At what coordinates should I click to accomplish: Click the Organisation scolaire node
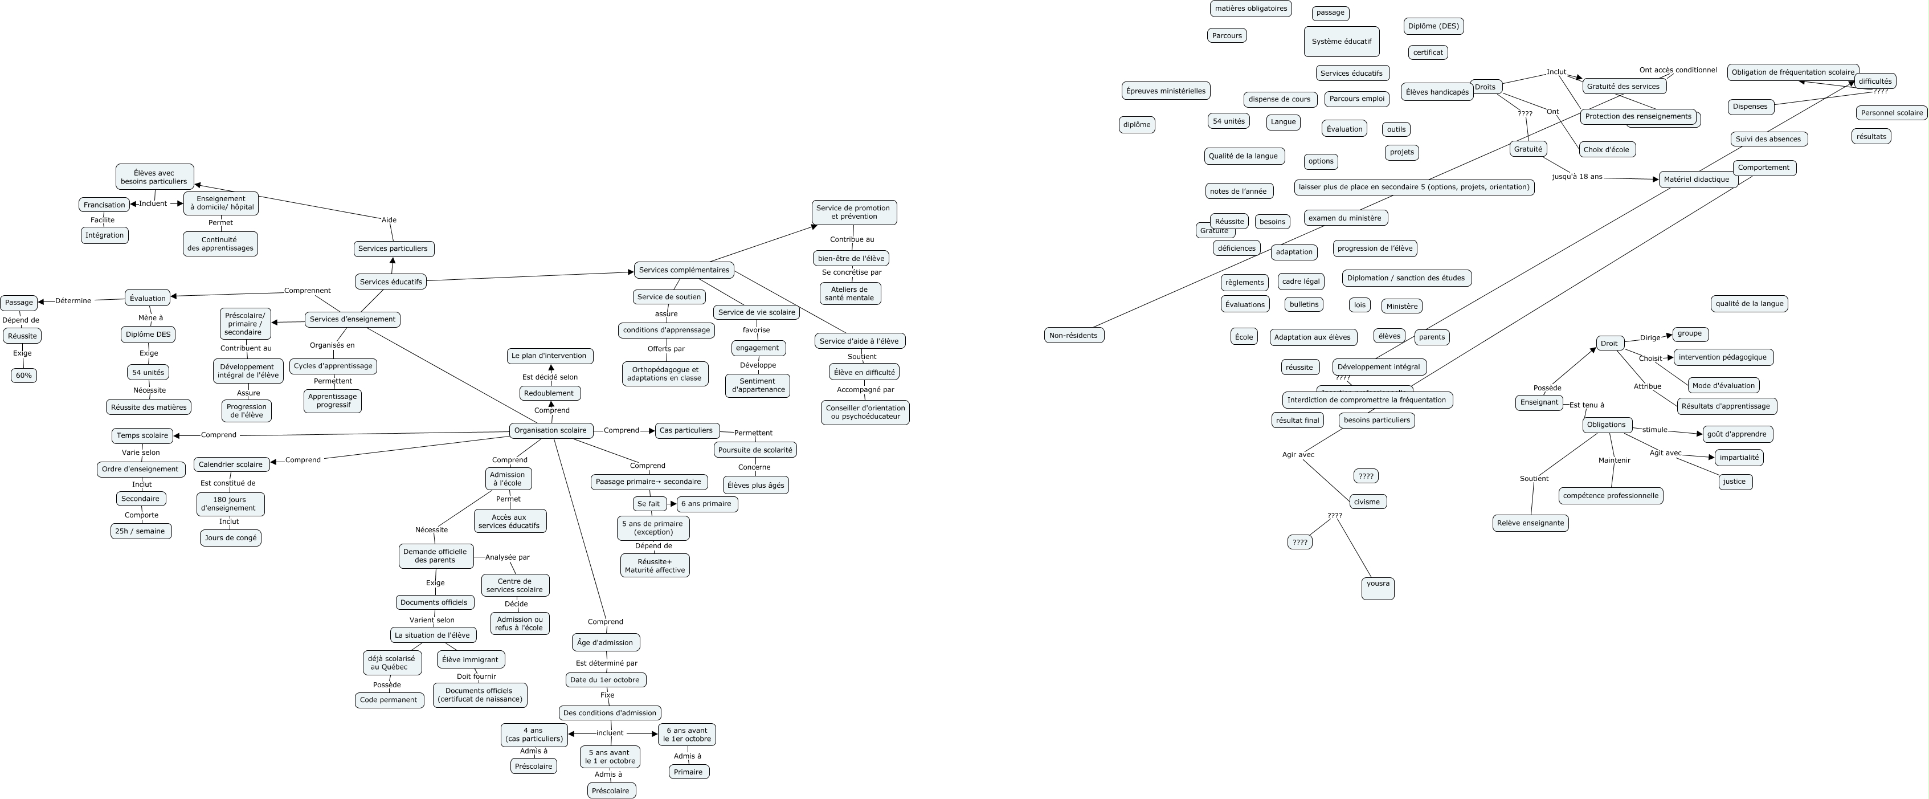tap(550, 431)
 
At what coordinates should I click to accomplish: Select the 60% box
tap(24, 375)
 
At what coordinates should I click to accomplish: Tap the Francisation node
tap(104, 205)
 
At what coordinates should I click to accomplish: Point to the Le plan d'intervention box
tap(550, 356)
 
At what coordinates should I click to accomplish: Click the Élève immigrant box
tap(470, 660)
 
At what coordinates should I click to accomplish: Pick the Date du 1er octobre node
tap(605, 680)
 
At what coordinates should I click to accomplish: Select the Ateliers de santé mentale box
tap(849, 293)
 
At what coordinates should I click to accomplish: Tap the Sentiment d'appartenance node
tap(758, 386)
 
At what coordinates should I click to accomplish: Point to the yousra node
tap(1378, 588)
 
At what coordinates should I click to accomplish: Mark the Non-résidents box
tap(1073, 336)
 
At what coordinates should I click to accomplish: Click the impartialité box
tap(1739, 458)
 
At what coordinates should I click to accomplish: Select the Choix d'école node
tap(1605, 150)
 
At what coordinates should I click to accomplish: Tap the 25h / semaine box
tap(140, 531)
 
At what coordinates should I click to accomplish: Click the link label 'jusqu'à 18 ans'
tap(1577, 177)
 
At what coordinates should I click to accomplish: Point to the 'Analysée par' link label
tap(507, 557)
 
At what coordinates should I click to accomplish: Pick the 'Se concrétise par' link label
tap(852, 272)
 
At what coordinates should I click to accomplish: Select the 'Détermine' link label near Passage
tap(73, 301)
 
